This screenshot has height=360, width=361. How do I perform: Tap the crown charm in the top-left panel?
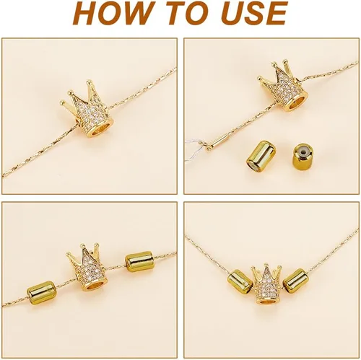(89, 110)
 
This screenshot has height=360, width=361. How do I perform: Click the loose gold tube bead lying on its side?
(261, 157)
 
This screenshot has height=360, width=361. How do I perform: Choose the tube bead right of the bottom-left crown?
(139, 262)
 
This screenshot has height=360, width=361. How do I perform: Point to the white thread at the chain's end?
(194, 150)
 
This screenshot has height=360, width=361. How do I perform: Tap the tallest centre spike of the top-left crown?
(90, 81)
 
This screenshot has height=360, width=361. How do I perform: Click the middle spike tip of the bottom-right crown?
(266, 265)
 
